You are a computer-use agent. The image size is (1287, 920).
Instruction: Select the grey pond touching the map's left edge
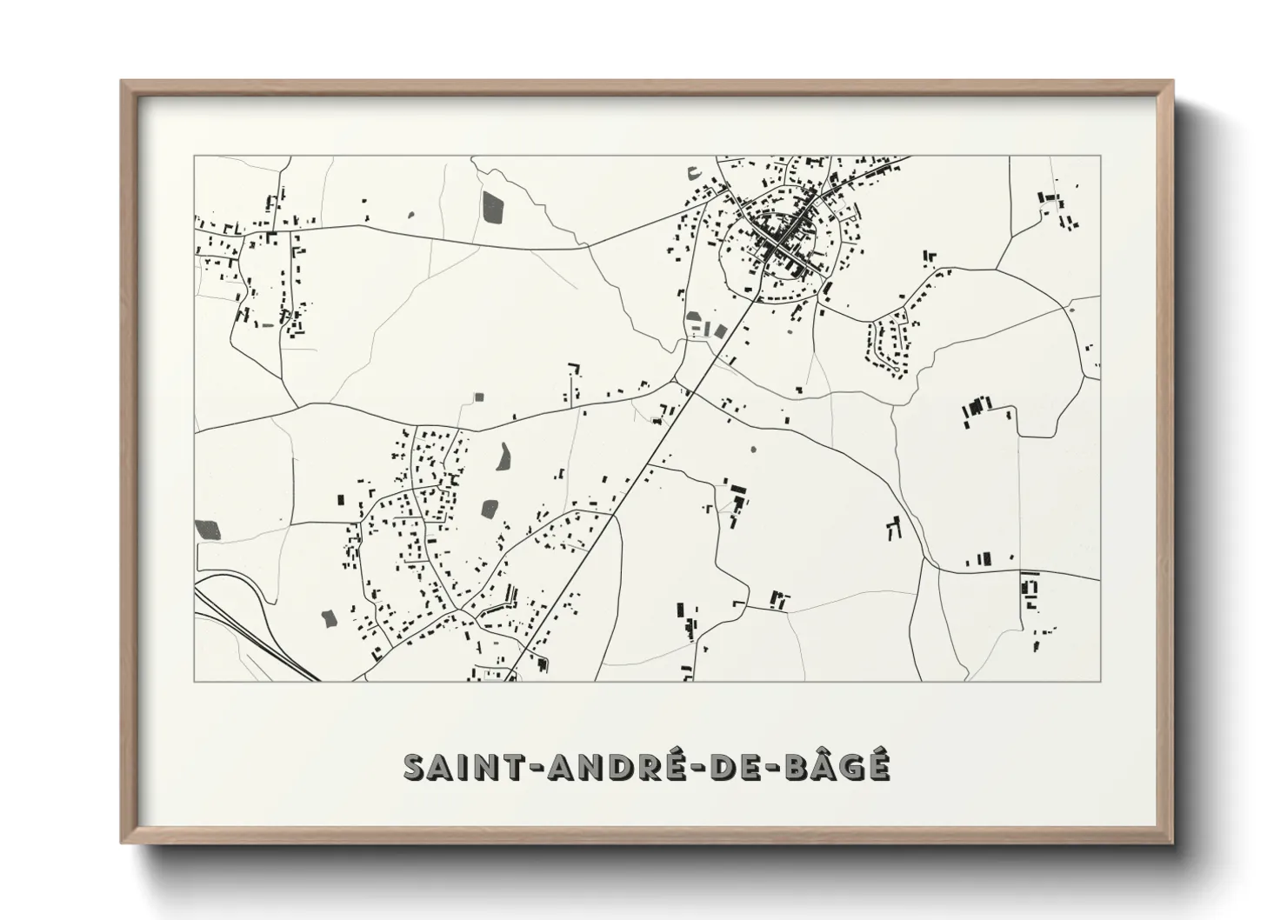tap(208, 529)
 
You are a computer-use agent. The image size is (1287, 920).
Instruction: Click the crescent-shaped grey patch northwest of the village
tap(693, 171)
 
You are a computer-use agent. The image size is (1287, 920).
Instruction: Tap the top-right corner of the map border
tap(1100, 156)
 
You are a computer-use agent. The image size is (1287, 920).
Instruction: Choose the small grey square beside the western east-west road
tap(477, 397)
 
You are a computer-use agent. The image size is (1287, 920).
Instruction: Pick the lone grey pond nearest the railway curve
tap(330, 618)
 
